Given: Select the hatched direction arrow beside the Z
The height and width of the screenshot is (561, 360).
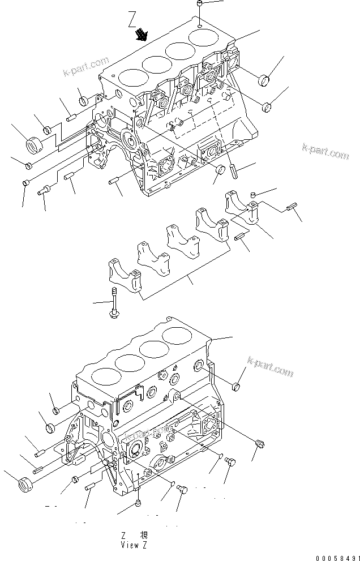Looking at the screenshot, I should pyautogui.click(x=139, y=37).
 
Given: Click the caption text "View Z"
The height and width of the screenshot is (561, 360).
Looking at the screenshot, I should pyautogui.click(x=134, y=545).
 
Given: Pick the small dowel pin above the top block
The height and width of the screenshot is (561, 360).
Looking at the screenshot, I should pyautogui.click(x=201, y=6).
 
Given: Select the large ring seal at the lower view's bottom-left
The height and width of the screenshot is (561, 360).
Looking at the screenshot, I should pyautogui.click(x=23, y=485).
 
